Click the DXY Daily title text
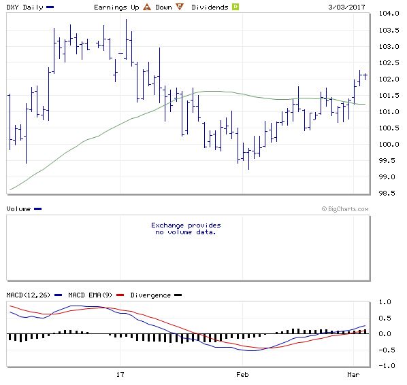[x=25, y=6]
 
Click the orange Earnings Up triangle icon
[x=146, y=6]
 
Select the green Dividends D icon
[x=235, y=6]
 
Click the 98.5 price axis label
[x=387, y=194]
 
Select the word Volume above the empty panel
[x=18, y=208]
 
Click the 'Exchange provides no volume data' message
[x=186, y=228]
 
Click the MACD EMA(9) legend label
[x=93, y=295]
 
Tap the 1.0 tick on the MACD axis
[x=385, y=301]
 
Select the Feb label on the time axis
[x=242, y=374]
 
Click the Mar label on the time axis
[x=353, y=374]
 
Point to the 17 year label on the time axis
[x=120, y=374]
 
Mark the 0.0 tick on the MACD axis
[x=385, y=333]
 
